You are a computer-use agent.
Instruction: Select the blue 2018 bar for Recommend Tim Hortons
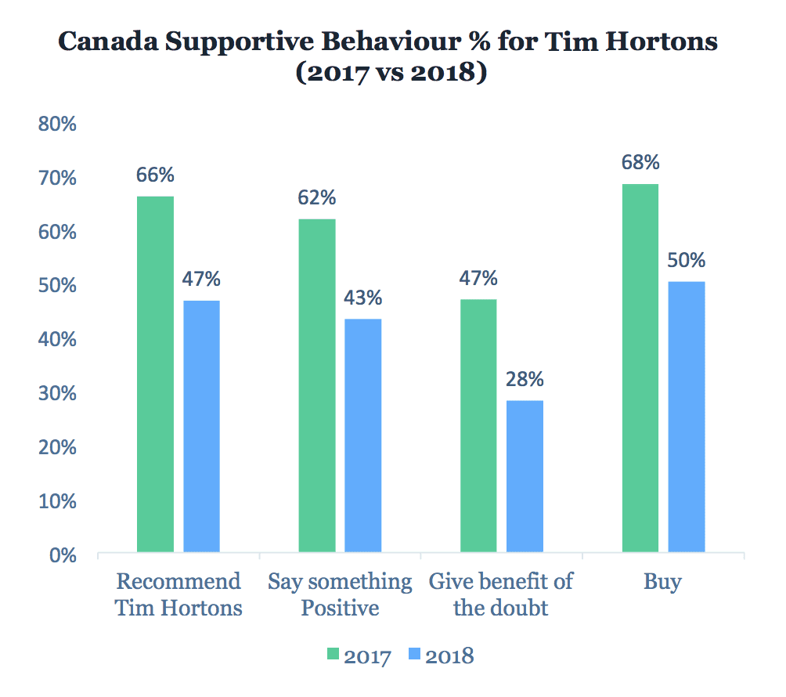pyautogui.click(x=201, y=427)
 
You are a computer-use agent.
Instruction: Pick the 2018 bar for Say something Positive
pyautogui.click(x=363, y=436)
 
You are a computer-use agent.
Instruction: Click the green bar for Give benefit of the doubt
pyautogui.click(x=478, y=426)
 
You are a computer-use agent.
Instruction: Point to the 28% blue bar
pyautogui.click(x=525, y=477)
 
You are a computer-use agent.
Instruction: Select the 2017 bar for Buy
pyautogui.click(x=640, y=369)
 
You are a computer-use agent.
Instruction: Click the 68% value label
pyautogui.click(x=640, y=163)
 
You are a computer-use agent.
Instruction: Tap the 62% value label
pyautogui.click(x=317, y=197)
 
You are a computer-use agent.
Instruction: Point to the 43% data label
pyautogui.click(x=363, y=298)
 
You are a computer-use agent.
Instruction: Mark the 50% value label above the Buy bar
pyautogui.click(x=687, y=260)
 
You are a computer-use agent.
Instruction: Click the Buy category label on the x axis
pyautogui.click(x=662, y=582)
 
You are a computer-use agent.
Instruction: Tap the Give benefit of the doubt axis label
pyautogui.click(x=501, y=594)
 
